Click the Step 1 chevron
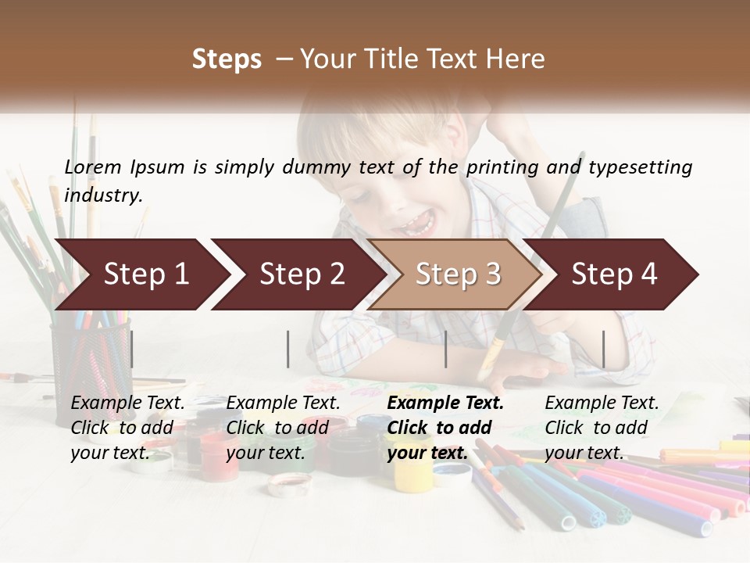point(141,274)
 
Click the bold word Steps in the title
point(227,59)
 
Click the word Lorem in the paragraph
point(93,167)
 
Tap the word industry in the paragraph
point(102,195)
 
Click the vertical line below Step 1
point(132,349)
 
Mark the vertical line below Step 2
point(288,349)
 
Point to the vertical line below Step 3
point(446,349)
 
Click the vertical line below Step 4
point(604,349)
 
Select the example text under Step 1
point(127,428)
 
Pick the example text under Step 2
point(283,428)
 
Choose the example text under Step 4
point(602,428)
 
